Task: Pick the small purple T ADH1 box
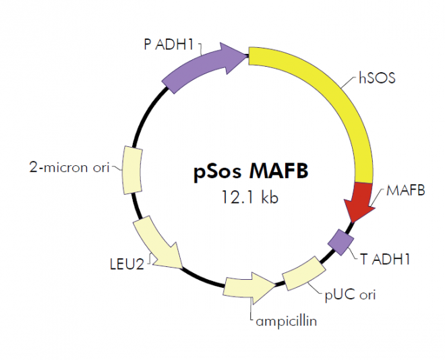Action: (341, 240)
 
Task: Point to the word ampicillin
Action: (286, 321)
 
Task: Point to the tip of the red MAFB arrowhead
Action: (352, 221)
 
